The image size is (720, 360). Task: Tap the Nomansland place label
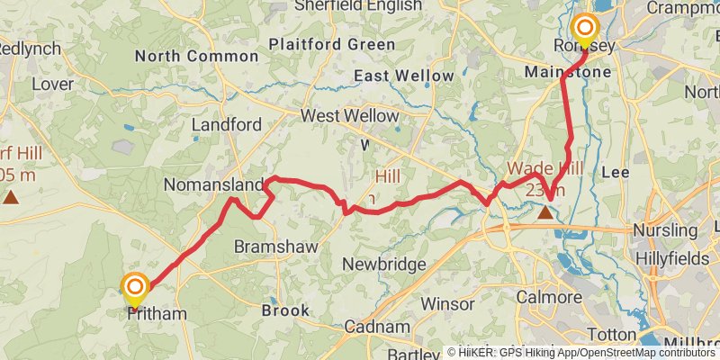point(212,184)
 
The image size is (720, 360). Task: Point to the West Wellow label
point(349,116)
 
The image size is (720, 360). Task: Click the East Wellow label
point(404,76)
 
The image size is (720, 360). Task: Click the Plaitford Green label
point(331,43)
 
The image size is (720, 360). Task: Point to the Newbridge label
point(384,265)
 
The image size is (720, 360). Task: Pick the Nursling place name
point(664,230)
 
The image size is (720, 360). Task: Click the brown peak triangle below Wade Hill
point(545,213)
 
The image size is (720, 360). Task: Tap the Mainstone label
point(568,71)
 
